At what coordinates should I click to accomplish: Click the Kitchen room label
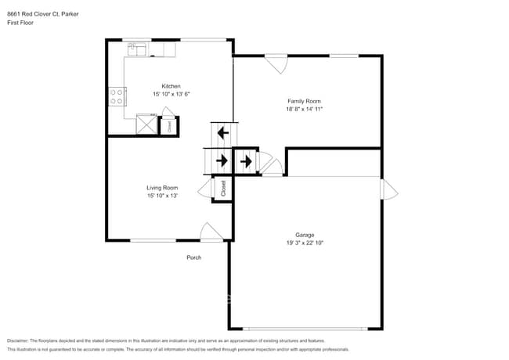point(171,86)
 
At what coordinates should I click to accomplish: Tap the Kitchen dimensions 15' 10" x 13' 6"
point(171,94)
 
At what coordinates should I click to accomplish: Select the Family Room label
point(304,101)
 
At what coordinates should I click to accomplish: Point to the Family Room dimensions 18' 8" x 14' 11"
point(304,109)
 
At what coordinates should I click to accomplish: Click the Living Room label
point(162,188)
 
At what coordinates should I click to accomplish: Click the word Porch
point(193,257)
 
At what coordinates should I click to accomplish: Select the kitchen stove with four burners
point(117,95)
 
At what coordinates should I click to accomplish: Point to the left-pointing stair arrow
point(222,132)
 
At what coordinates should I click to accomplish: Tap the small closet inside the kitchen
point(168,126)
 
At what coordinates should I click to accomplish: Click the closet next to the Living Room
point(223,189)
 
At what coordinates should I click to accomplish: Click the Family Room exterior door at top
point(276,63)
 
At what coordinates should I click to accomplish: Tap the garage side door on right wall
point(388,189)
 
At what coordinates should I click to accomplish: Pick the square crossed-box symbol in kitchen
point(146,125)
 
